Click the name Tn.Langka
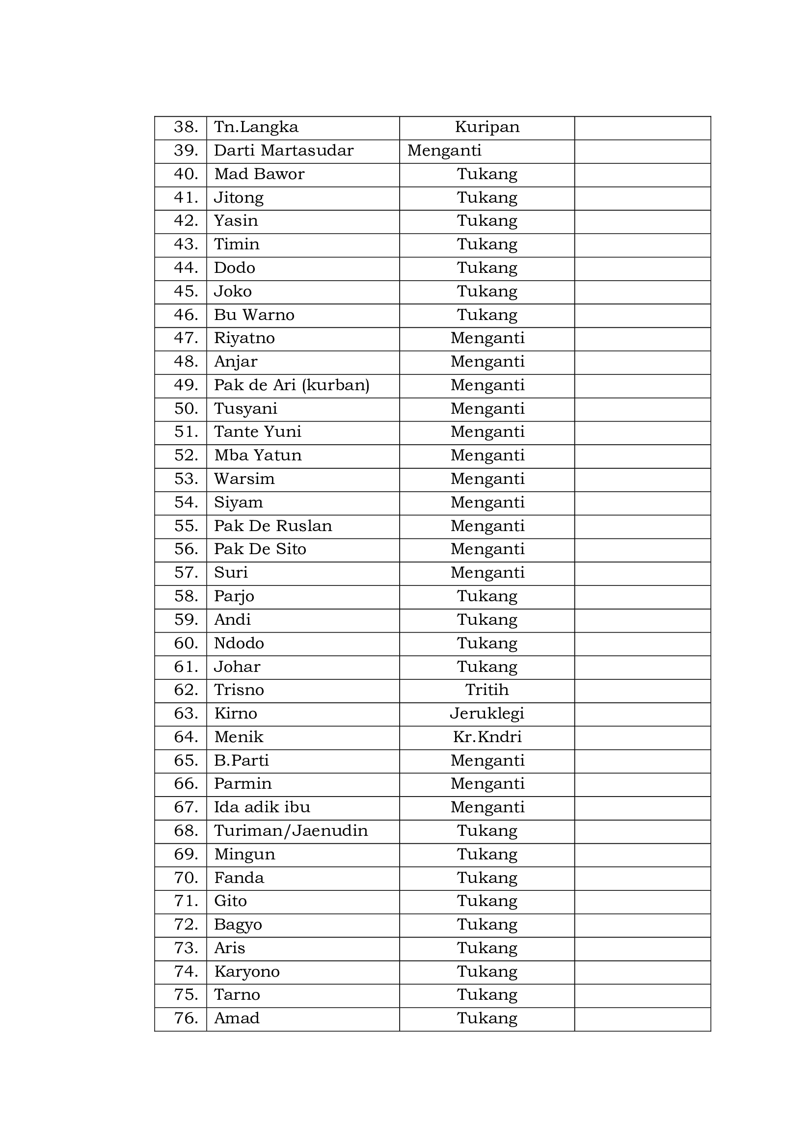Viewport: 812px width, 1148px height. point(256,128)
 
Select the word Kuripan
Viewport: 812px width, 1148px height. point(487,128)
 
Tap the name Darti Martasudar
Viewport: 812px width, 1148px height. point(283,151)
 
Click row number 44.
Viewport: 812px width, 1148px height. point(186,268)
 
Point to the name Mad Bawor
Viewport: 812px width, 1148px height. point(259,175)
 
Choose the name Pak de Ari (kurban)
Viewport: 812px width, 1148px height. point(292,385)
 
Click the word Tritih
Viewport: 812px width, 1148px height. point(487,691)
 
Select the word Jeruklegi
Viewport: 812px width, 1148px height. point(487,714)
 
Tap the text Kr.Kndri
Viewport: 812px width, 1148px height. point(487,738)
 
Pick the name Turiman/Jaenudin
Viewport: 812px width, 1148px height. point(291,831)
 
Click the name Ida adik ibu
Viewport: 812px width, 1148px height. point(262,807)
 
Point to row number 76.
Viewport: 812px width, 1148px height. point(186,1018)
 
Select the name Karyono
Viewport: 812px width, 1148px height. point(247,971)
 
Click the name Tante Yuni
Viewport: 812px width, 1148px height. point(258,432)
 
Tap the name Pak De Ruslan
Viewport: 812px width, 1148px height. point(273,526)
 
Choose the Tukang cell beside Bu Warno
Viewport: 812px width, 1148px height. point(487,315)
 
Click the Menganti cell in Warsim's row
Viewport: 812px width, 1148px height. point(487,479)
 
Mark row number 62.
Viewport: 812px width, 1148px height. point(186,691)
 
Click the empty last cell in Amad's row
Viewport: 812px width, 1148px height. point(642,1018)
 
